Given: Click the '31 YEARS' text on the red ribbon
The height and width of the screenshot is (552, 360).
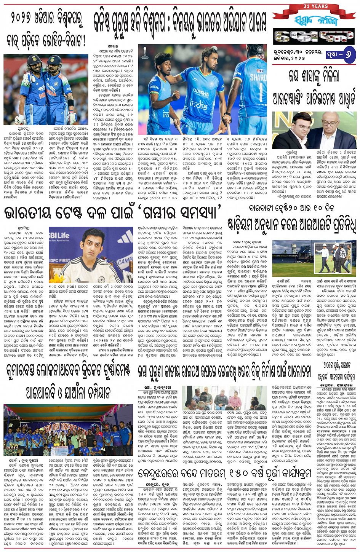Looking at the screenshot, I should pos(315,6).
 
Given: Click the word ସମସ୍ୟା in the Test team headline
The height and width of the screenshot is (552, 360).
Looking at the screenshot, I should pos(194,214).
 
